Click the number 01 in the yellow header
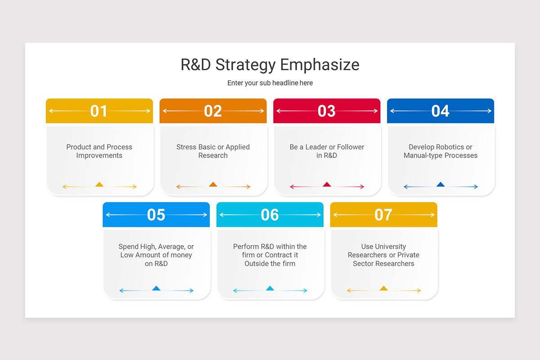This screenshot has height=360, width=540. [99, 111]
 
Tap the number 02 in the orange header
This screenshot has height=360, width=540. [213, 111]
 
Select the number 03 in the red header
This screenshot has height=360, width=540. [327, 111]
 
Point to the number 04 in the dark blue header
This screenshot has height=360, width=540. [440, 111]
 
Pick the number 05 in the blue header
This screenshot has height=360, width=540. [156, 215]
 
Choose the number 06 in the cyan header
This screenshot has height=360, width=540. [270, 215]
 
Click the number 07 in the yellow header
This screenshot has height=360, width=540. [383, 215]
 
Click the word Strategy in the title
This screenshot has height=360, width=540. [245, 65]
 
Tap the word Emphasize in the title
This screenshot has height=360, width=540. [320, 65]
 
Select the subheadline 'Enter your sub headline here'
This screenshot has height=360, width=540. [270, 83]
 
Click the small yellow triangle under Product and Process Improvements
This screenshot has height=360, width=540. [99, 184]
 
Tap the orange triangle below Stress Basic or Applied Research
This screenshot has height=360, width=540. [213, 184]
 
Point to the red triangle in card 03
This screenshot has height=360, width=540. [327, 184]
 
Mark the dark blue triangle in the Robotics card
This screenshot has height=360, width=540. [441, 184]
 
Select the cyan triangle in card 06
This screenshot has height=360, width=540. [270, 288]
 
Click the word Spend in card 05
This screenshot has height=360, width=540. [128, 247]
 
